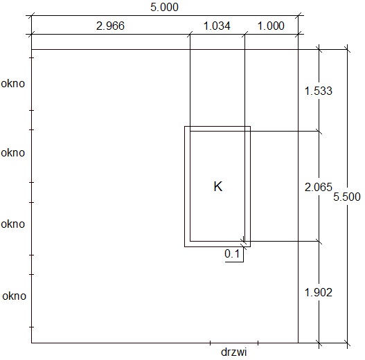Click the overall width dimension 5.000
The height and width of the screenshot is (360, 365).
point(164,7)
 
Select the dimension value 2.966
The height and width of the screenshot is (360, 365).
point(110,26)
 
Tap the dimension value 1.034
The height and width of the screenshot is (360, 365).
point(217,26)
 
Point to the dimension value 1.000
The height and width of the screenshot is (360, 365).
point(271,26)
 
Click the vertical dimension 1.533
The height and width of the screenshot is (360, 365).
point(319,91)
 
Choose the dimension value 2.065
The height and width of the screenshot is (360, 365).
point(319,187)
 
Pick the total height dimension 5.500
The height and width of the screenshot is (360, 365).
point(347,197)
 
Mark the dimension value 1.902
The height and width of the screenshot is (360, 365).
point(319,292)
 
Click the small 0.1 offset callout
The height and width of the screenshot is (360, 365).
point(232,253)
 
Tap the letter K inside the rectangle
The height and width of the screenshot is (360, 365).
point(218,186)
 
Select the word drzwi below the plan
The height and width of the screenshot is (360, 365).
point(233,352)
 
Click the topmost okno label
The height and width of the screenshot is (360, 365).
point(12,84)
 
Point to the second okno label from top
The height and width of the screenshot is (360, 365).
point(12,153)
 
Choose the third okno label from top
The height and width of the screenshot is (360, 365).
point(12,224)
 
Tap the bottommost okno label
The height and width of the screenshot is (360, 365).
point(15,296)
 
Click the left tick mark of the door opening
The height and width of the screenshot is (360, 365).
point(210,343)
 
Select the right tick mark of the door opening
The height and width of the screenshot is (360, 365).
point(258,343)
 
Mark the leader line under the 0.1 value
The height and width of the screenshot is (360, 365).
point(234,262)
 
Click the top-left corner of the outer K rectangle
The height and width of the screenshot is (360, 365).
point(185,127)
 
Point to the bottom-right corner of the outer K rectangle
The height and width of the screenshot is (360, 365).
point(251,246)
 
